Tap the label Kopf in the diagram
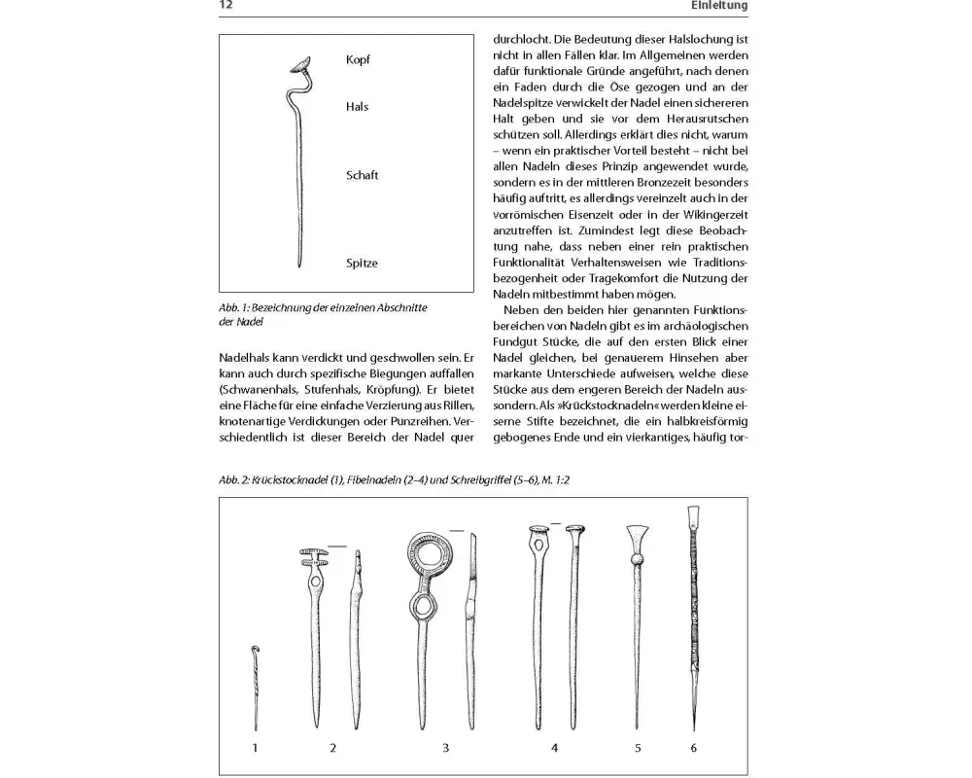[x=358, y=60]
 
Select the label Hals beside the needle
[x=357, y=107]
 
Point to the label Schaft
[x=362, y=176]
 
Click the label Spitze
[x=362, y=264]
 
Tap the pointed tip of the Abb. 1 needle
[x=296, y=263]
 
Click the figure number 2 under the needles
[x=332, y=748]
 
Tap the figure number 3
[x=445, y=748]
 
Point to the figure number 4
[x=555, y=748]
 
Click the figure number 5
[x=638, y=748]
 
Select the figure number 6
[x=693, y=748]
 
